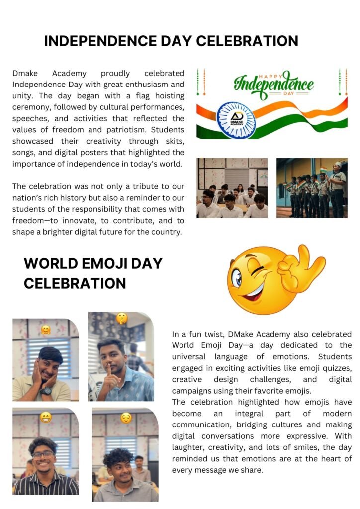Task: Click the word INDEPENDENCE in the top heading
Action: tap(99, 41)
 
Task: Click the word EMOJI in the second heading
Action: tap(108, 263)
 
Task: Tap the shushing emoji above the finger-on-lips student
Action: tap(121, 318)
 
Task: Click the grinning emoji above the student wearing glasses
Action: tap(46, 417)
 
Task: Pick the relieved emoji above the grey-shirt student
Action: tap(126, 418)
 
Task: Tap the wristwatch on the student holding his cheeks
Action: tap(46, 391)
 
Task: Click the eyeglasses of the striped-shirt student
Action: tap(43, 454)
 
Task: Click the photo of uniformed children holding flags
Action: tap(312, 188)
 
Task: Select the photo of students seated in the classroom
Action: tap(232, 188)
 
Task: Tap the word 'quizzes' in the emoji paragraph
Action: tap(338, 368)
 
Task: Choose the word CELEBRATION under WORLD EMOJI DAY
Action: tap(75, 283)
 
